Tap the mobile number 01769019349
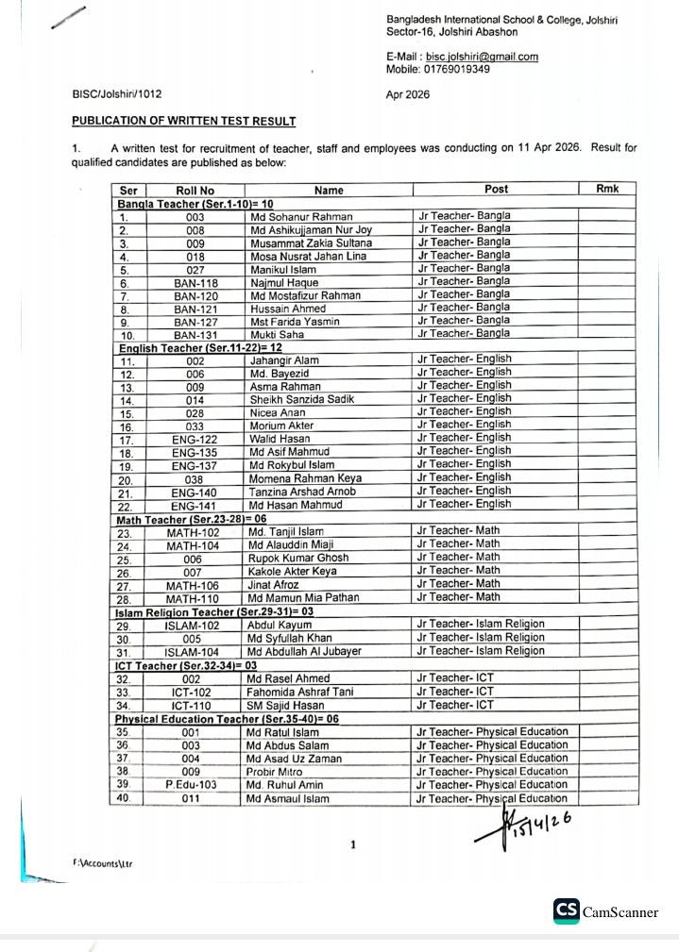459,70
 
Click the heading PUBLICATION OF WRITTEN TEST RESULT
184,122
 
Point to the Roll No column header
195,191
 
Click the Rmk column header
607,190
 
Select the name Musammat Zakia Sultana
311,242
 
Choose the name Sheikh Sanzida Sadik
301,399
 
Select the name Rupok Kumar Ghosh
298,559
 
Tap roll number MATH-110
193,598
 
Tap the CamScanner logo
605,911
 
